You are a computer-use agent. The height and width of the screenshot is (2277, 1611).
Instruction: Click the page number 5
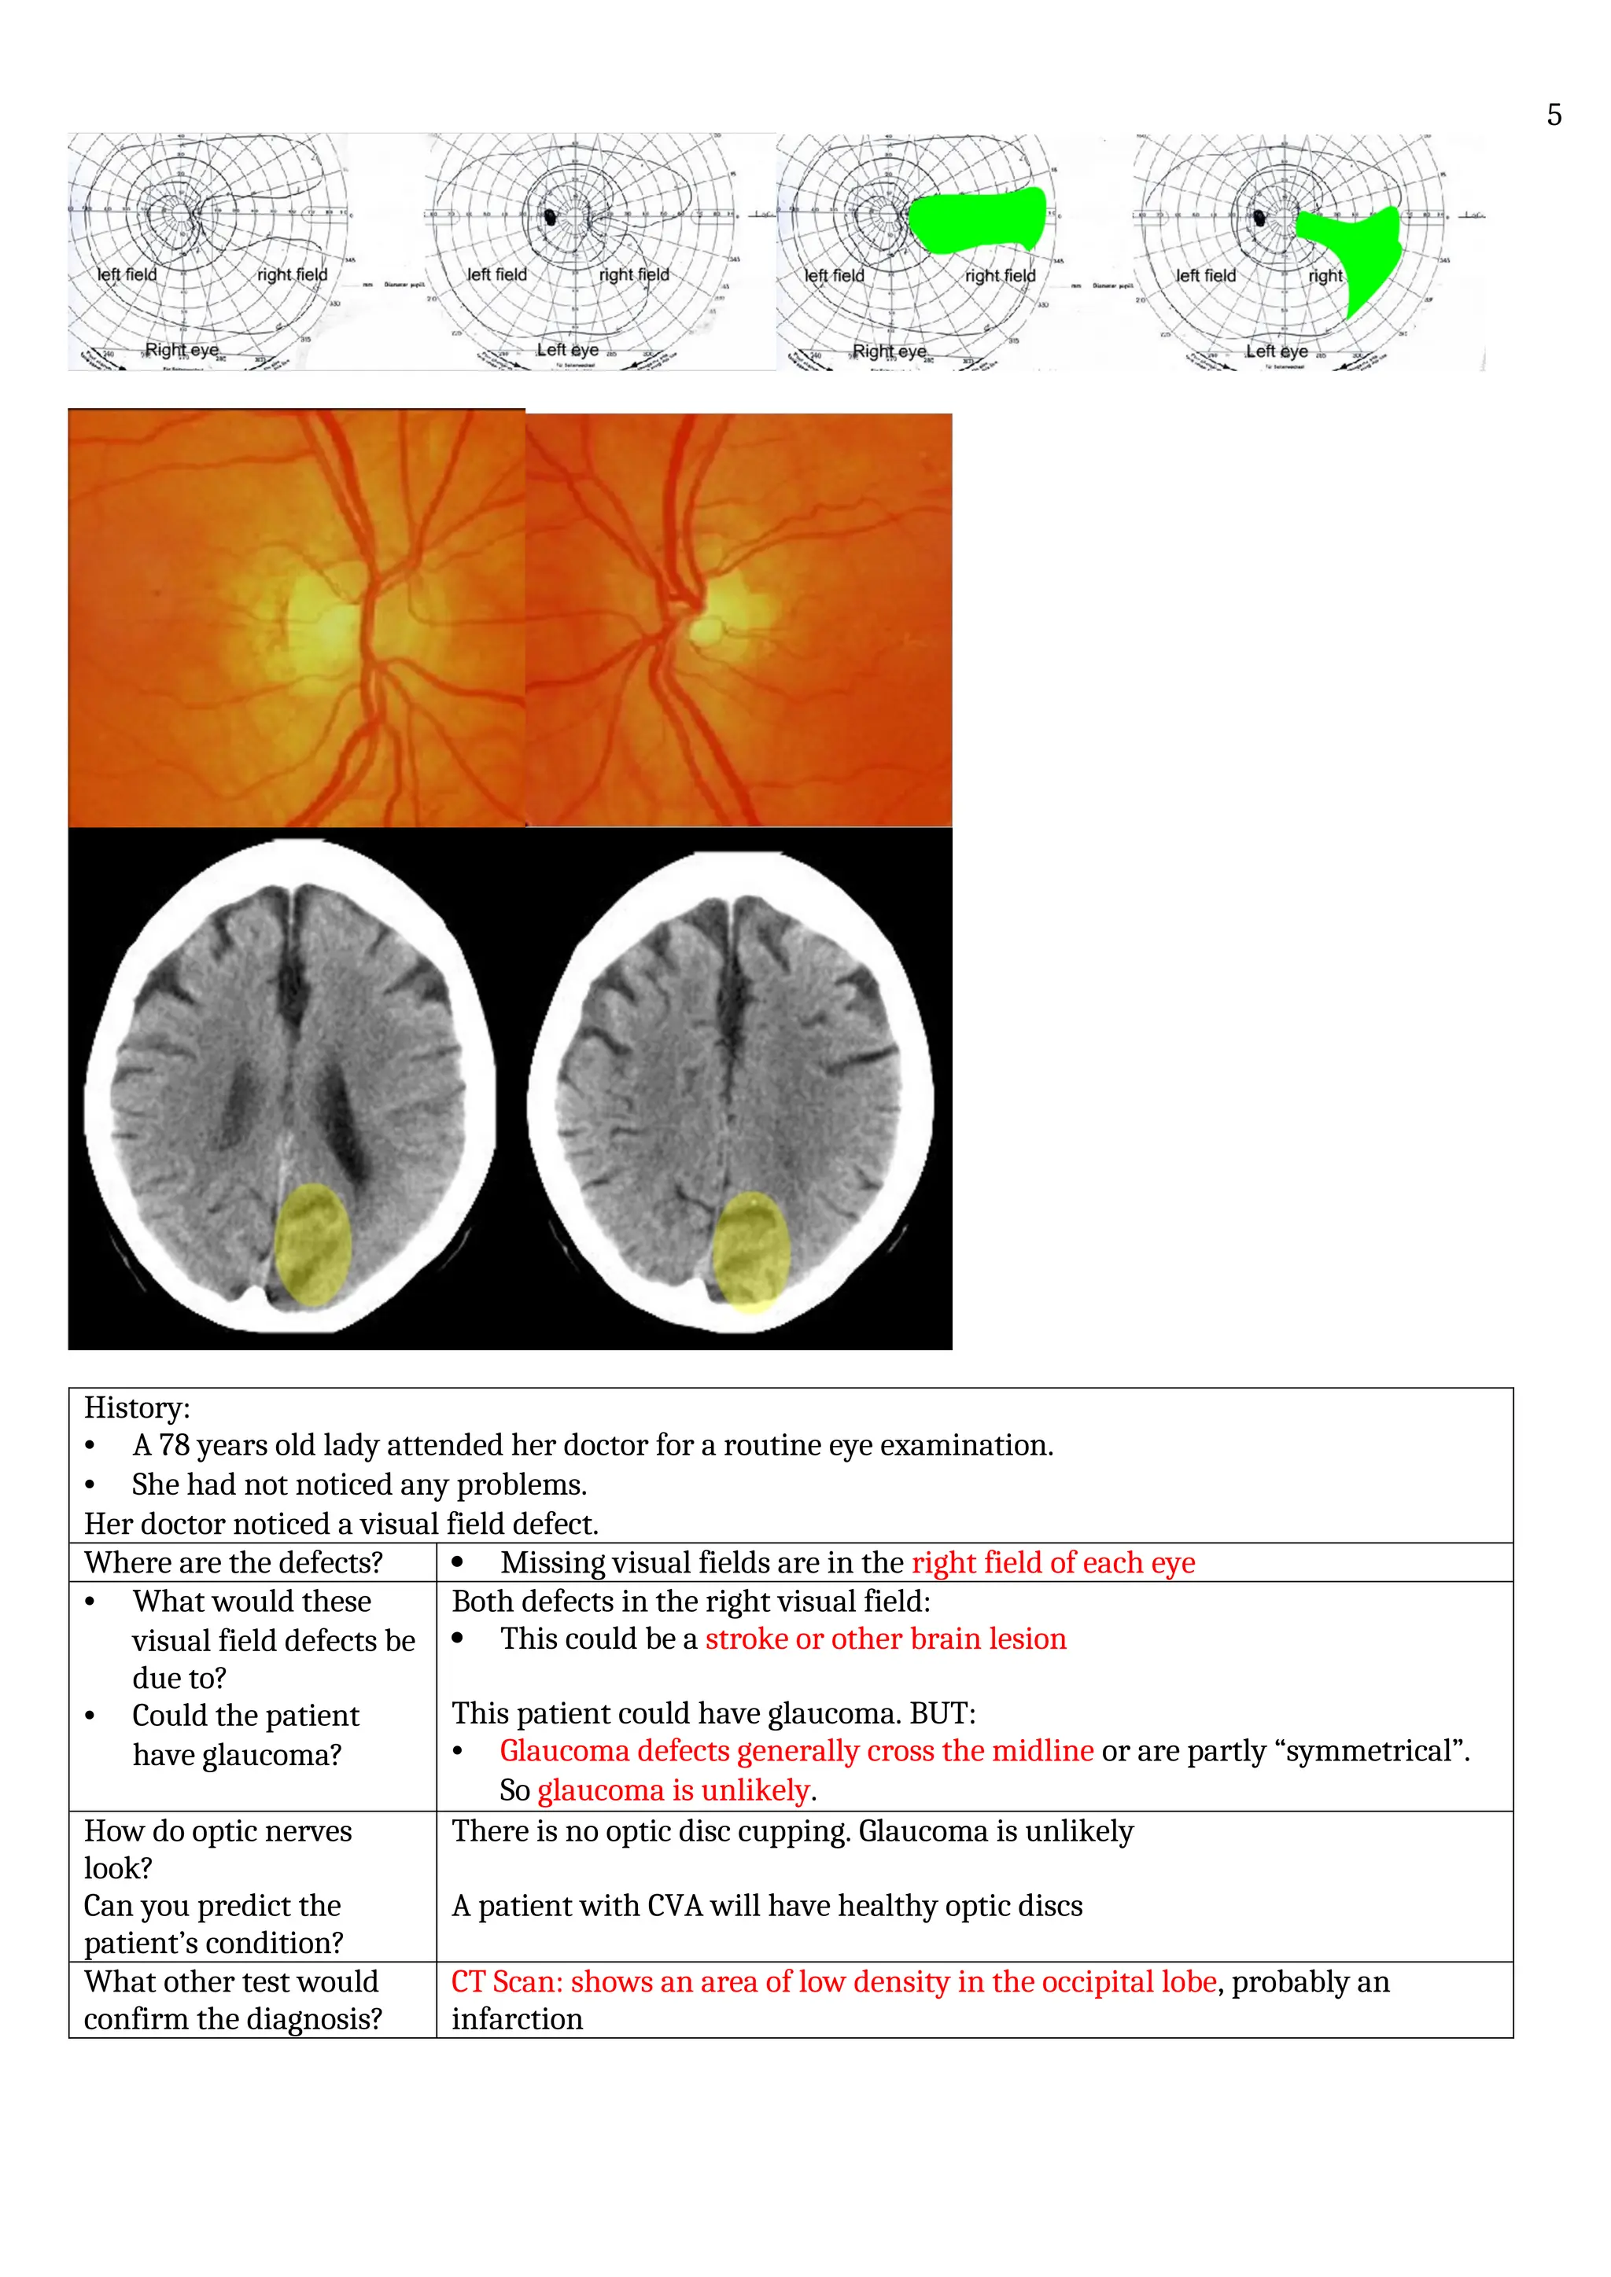1554,115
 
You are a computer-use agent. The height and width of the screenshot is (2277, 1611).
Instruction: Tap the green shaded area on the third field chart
977,219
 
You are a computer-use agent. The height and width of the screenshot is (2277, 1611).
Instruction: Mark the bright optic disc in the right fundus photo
708,627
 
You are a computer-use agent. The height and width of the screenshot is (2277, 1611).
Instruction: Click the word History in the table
135,1407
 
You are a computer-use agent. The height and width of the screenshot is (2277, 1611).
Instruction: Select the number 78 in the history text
174,1445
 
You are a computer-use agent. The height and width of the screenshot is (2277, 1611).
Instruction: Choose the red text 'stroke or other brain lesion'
885,1639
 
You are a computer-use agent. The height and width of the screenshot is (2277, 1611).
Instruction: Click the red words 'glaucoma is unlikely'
673,1790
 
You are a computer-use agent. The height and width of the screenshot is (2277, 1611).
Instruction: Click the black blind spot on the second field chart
551,216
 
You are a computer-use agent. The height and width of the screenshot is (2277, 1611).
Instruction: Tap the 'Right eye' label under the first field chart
182,350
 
